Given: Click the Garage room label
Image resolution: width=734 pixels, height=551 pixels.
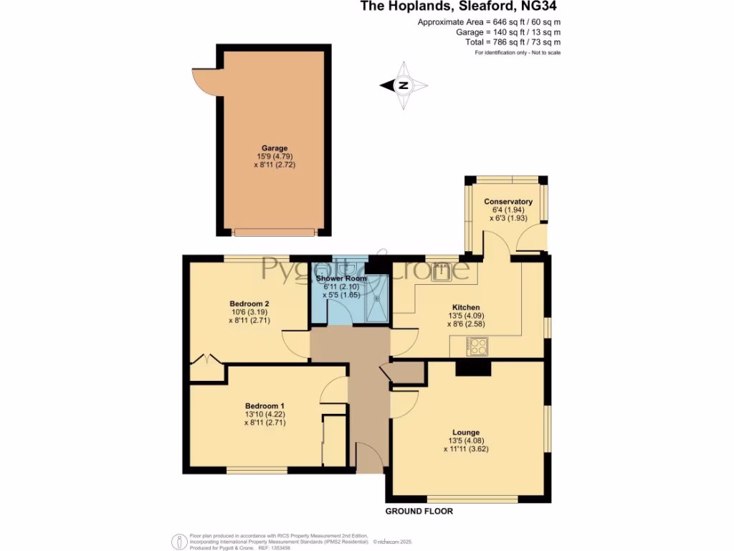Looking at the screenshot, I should [275, 149].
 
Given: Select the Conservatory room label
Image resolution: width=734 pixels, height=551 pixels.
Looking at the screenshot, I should [507, 202].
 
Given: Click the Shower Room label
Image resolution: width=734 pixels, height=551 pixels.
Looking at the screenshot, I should [340, 278].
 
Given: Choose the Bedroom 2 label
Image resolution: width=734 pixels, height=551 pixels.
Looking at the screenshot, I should [244, 303].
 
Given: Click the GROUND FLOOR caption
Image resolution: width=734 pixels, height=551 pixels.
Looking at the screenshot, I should [419, 512].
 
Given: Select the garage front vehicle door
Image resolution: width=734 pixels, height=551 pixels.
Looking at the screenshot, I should [275, 232].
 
